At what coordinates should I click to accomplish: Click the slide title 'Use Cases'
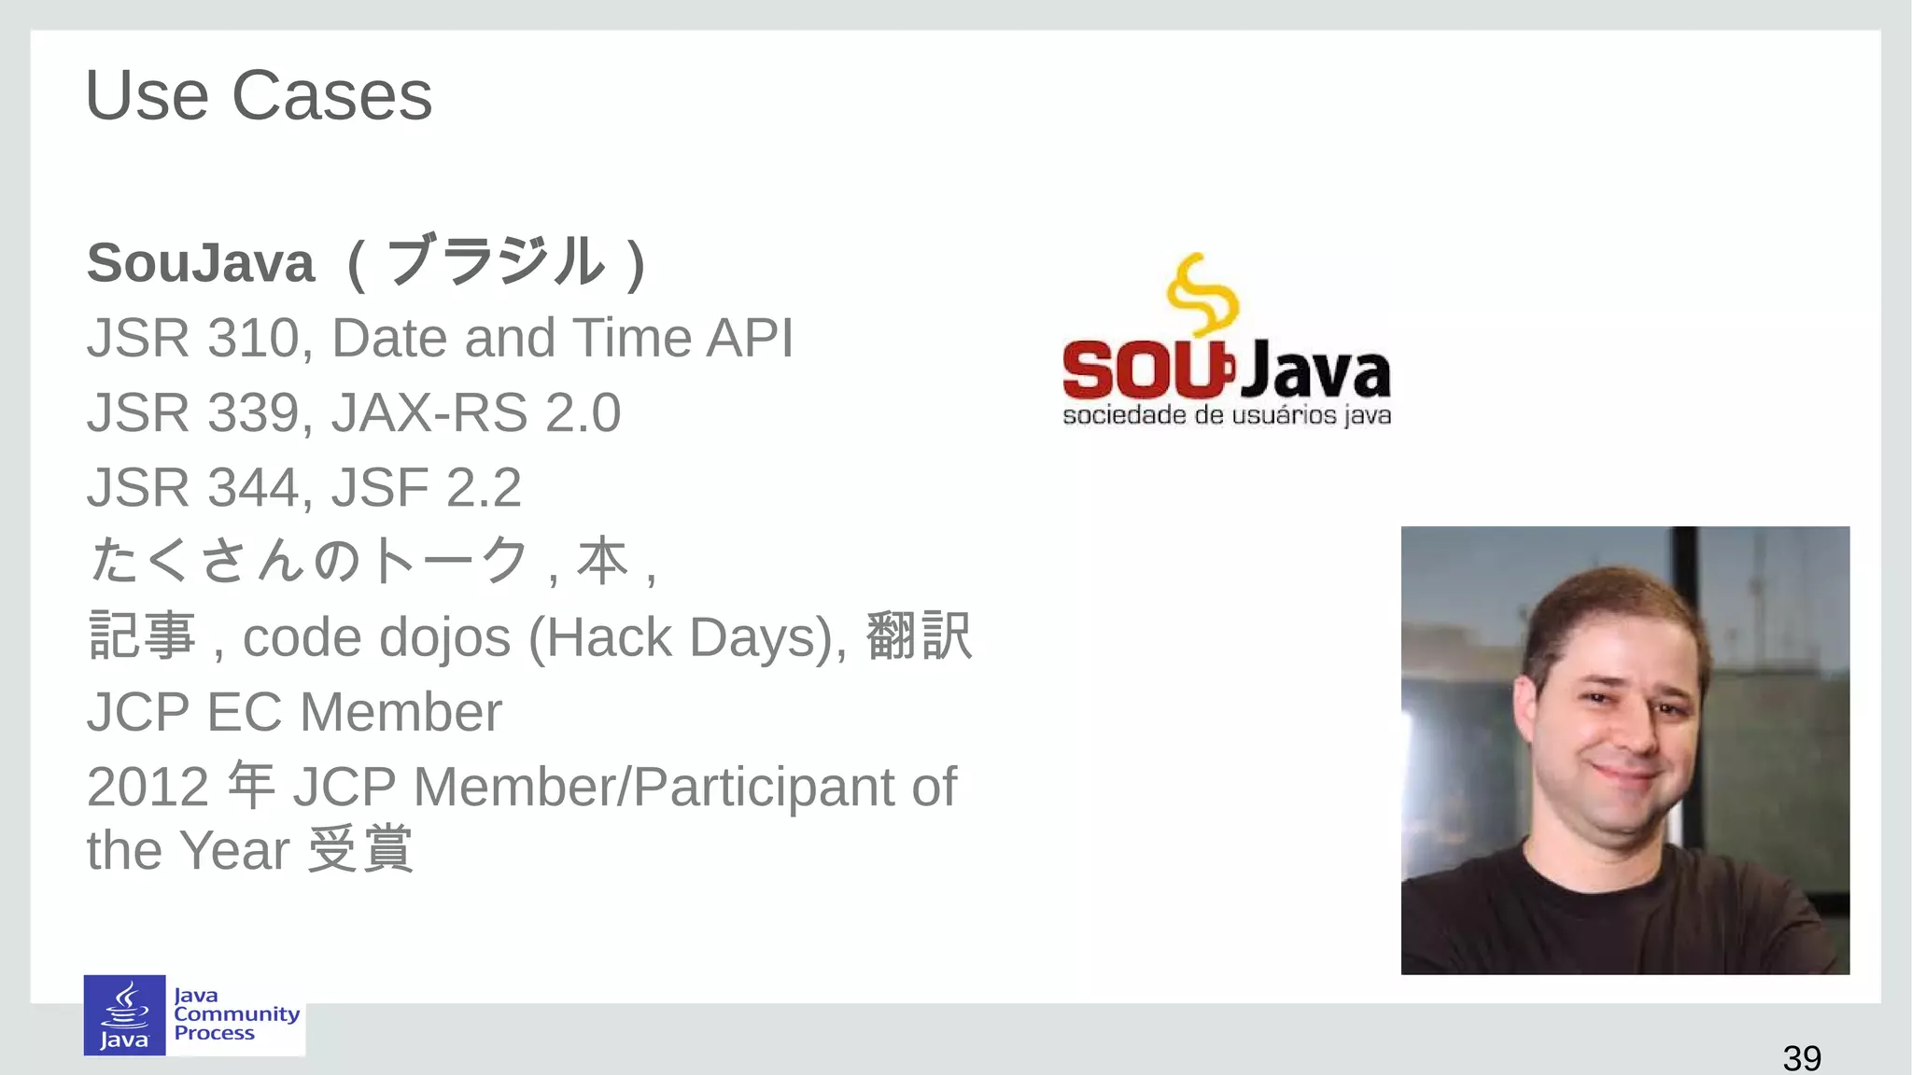click(x=259, y=96)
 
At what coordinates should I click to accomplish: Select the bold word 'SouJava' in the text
click(x=201, y=263)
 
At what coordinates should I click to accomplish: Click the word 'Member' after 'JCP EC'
click(x=401, y=713)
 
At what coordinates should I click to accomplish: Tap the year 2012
click(x=147, y=788)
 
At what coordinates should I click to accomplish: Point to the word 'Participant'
click(x=764, y=788)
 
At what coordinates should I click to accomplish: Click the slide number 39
click(x=1801, y=1058)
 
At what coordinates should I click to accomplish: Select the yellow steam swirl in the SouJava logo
click(x=1202, y=294)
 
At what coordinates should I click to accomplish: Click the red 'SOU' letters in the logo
click(x=1144, y=370)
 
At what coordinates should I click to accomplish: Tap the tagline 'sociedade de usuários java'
click(x=1227, y=415)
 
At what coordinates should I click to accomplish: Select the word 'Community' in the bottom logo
click(x=236, y=1014)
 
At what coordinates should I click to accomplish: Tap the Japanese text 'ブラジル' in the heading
click(x=496, y=263)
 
